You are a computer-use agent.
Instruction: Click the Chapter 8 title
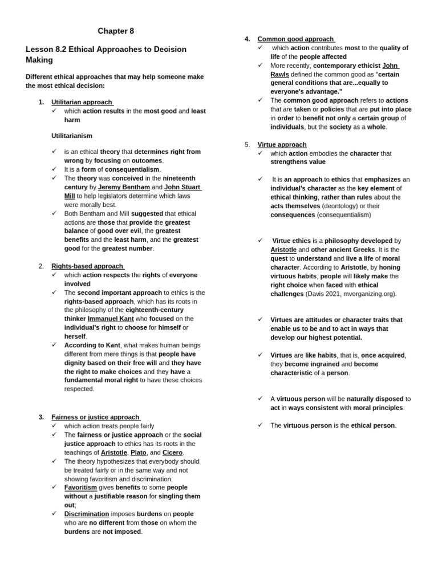(116, 31)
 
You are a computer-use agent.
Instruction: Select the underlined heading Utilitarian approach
(82, 102)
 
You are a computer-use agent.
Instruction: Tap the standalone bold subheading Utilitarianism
(72, 136)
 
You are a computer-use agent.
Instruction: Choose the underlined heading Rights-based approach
(87, 266)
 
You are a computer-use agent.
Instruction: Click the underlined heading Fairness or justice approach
(95, 417)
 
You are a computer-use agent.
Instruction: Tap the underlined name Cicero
(172, 452)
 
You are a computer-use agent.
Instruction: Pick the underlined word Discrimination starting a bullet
(87, 514)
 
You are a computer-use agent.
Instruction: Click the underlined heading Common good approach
(295, 39)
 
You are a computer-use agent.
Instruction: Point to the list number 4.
(247, 39)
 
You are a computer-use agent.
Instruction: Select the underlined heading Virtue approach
(282, 144)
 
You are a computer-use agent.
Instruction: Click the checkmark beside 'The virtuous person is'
(260, 425)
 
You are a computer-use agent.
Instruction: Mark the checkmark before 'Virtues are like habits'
(260, 355)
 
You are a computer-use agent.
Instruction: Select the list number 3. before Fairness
(41, 417)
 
